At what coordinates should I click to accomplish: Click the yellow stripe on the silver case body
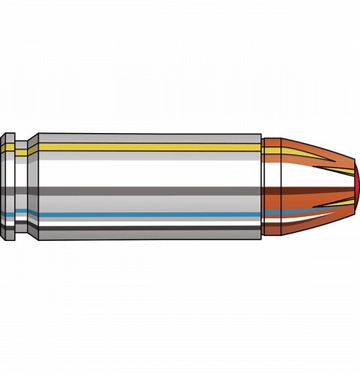144,146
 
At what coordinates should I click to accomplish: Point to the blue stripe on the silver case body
144,213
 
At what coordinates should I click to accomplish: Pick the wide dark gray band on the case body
144,191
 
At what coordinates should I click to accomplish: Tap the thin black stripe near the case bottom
144,228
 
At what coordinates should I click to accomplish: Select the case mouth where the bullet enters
261,187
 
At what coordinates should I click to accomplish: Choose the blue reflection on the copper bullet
288,213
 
